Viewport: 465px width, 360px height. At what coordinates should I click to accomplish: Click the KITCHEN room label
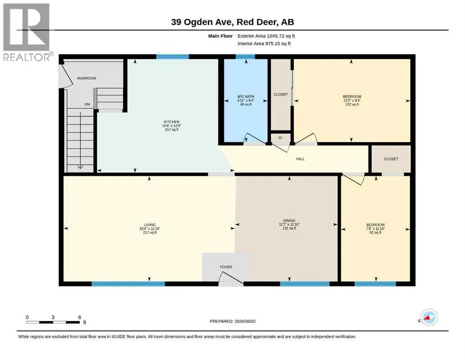click(171, 122)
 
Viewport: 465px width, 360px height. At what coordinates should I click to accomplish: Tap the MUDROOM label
click(87, 78)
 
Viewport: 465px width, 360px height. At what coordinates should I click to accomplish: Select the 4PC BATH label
click(246, 97)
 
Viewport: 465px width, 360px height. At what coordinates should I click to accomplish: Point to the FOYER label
click(226, 267)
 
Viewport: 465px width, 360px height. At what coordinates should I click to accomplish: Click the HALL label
click(300, 159)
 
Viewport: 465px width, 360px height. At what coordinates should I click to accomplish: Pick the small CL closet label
click(280, 138)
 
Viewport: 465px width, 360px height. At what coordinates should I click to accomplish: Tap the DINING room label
click(289, 220)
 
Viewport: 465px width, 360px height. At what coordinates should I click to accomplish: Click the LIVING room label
click(150, 225)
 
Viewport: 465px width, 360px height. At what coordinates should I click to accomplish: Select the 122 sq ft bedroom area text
click(352, 105)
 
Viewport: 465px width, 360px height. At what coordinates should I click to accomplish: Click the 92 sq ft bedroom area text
click(376, 232)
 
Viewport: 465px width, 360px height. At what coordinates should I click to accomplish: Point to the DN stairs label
click(87, 105)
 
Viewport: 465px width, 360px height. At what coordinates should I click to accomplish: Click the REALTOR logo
click(27, 32)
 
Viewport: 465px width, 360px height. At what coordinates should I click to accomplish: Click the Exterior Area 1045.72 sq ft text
click(266, 36)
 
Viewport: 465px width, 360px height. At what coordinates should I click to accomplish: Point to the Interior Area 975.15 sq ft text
click(264, 44)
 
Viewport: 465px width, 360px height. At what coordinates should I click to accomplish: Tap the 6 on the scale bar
click(80, 317)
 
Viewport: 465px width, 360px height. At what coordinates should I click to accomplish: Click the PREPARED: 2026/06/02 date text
click(232, 322)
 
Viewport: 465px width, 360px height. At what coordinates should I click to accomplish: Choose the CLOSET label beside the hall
click(391, 159)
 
